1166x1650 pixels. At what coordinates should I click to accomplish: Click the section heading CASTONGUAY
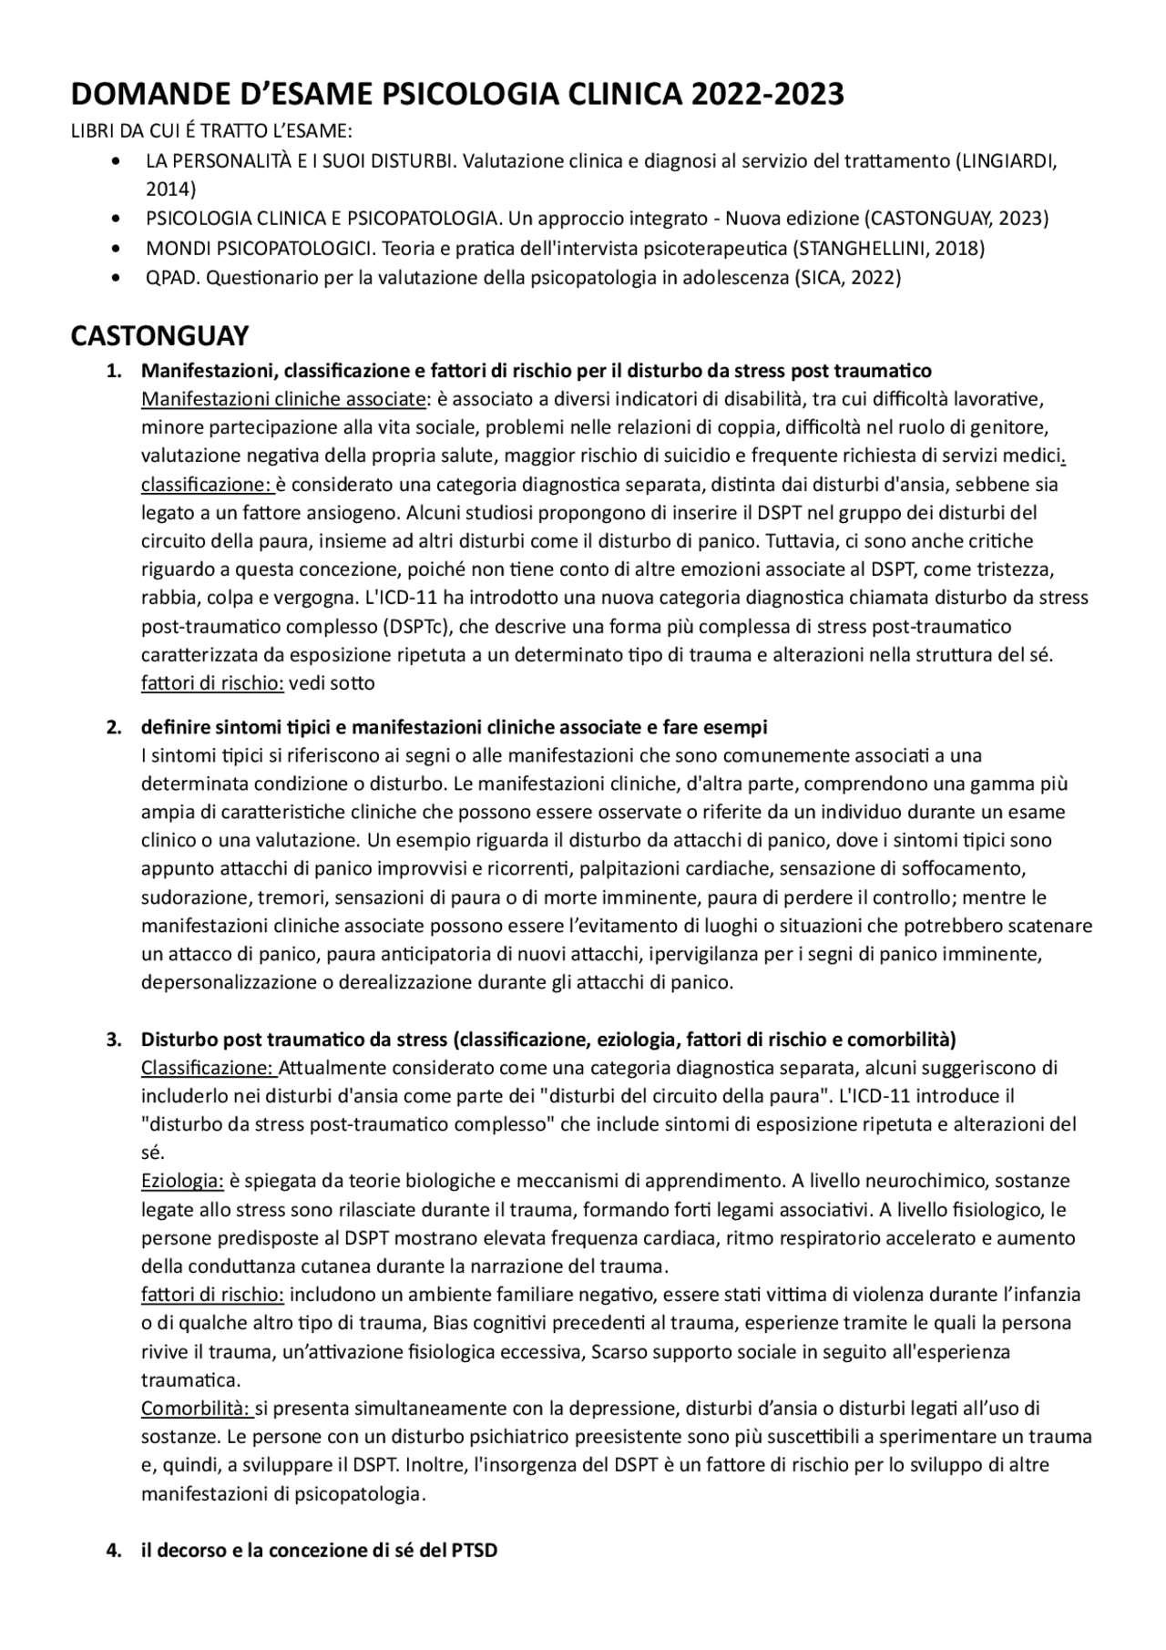[x=159, y=336]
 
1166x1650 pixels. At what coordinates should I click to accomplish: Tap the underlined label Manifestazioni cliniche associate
[x=283, y=399]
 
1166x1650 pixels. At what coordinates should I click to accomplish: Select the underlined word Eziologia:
[x=182, y=1181]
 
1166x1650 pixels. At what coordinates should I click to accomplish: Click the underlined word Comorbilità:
[x=196, y=1409]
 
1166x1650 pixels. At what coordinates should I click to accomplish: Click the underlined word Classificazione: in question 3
[x=207, y=1067]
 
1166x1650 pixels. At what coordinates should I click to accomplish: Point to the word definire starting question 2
[x=173, y=727]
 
